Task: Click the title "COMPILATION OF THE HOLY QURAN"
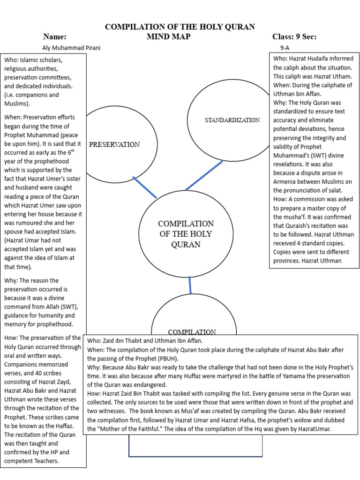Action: pos(180,27)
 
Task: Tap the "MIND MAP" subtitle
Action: pos(168,37)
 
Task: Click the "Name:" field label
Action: pos(55,37)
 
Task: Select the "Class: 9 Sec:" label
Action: pos(294,37)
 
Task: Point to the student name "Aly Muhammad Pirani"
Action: pos(71,48)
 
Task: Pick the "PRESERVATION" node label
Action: pos(114,144)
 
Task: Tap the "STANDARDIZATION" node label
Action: pos(232,120)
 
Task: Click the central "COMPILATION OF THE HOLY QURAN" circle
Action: pos(186,234)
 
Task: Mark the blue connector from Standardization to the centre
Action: pos(204,175)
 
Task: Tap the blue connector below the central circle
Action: pos(190,285)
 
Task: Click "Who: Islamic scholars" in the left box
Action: pos(33,61)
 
